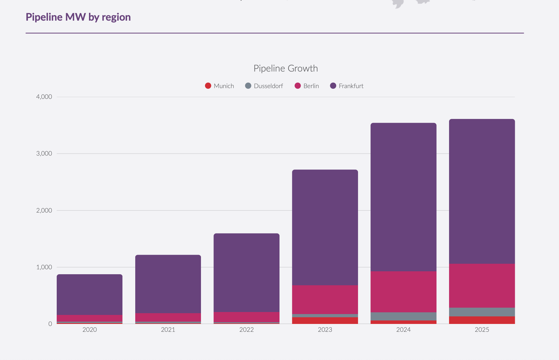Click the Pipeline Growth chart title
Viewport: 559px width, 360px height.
point(286,68)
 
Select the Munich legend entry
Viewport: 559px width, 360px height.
point(220,86)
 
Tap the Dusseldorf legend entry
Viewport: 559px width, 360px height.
point(264,86)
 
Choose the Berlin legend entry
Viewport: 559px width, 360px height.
point(307,86)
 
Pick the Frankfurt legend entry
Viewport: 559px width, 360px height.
point(347,86)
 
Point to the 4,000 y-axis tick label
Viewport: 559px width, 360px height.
point(44,97)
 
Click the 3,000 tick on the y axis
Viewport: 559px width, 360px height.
point(44,154)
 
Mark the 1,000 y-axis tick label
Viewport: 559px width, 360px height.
point(44,267)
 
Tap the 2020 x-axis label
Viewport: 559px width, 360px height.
point(90,330)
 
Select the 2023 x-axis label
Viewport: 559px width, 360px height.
point(325,330)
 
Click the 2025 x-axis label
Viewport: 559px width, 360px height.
point(482,330)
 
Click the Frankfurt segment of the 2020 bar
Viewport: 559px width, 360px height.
point(90,295)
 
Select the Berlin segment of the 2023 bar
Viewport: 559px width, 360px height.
point(325,300)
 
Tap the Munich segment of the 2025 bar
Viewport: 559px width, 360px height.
point(482,320)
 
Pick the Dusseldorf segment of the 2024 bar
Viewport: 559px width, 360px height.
point(403,316)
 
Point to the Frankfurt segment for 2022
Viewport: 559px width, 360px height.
point(247,273)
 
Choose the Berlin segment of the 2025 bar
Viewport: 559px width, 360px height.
point(482,286)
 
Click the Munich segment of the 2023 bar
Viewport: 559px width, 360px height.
point(325,320)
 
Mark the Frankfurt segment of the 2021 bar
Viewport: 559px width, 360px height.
point(168,284)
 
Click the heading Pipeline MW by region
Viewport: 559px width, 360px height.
point(78,17)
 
